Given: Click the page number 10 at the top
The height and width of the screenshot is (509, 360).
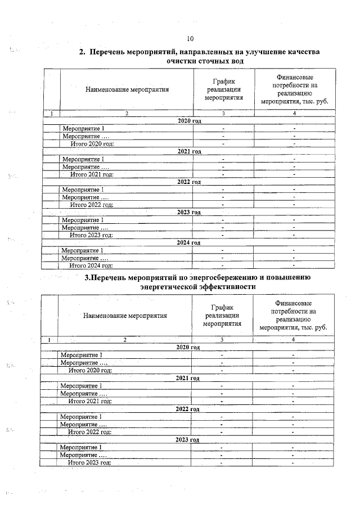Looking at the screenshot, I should pos(190,39).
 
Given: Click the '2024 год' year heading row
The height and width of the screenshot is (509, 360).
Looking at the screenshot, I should pos(188,243).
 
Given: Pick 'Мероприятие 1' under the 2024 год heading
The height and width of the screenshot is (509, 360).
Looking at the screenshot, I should pos(83,250).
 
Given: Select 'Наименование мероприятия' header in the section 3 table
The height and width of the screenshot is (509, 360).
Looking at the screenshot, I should pos(125,316).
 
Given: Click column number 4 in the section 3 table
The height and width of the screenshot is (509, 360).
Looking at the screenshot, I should pos(294,340).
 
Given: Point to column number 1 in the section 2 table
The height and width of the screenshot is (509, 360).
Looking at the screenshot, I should pos(52,114).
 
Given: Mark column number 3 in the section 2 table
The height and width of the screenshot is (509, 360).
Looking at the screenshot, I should pos(224,114).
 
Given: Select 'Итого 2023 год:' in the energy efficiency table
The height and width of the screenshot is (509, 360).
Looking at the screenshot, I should pos(89,462).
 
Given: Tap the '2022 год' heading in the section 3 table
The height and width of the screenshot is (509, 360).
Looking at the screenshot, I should pos(188,409).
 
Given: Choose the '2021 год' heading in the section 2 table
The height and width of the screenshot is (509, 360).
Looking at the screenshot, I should pos(189,152).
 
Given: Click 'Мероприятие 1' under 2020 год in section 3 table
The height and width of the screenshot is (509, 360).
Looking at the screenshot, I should pos(82,355).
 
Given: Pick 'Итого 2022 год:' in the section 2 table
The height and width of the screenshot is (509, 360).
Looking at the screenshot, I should pos(91,205).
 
